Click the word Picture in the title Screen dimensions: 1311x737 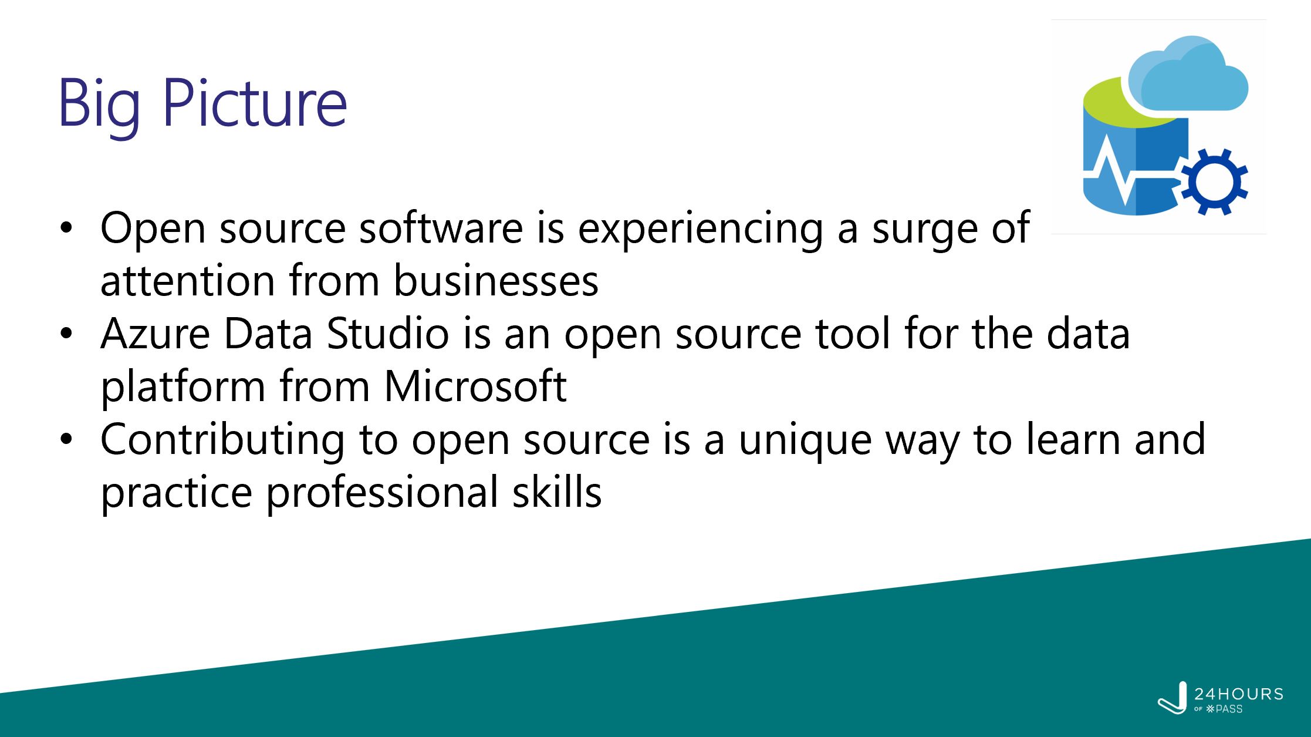[255, 103]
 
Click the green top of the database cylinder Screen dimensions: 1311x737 [1124, 103]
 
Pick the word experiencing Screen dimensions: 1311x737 [701, 231]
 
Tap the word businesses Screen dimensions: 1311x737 [496, 281]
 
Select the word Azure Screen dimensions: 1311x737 [156, 334]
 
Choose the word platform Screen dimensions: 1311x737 [183, 388]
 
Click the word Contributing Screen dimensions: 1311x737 [223, 441]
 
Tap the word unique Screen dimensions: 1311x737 [805, 442]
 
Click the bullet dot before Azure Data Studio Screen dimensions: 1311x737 [66, 333]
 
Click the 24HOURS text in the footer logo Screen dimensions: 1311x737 [1239, 694]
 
